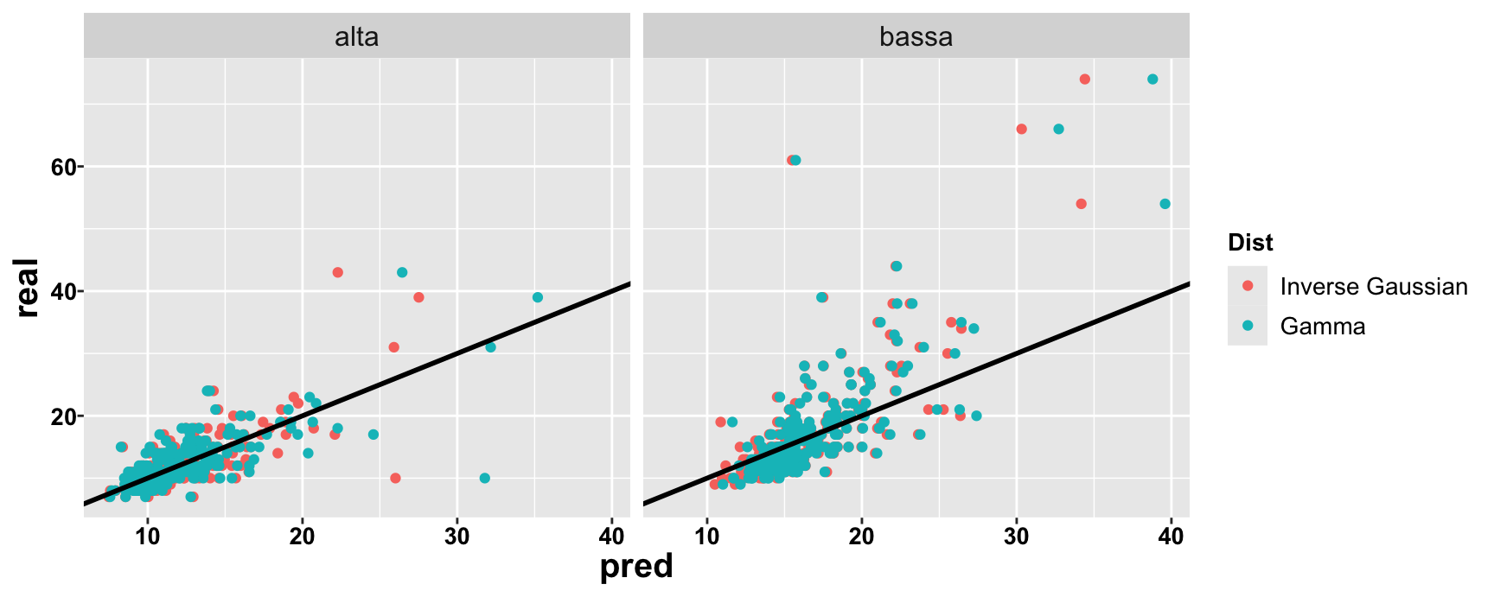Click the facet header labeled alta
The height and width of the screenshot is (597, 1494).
(356, 37)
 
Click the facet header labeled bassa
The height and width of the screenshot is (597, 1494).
(916, 37)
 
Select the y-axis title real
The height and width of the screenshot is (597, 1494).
(27, 288)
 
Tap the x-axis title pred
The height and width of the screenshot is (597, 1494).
(636, 567)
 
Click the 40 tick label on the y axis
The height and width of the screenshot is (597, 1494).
(63, 291)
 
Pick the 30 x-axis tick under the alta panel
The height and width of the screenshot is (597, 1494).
(456, 536)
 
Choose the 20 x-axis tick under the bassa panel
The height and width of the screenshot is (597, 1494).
(861, 536)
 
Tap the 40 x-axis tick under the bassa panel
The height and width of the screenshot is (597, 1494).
(1171, 536)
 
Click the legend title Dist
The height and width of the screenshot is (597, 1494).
(1250, 243)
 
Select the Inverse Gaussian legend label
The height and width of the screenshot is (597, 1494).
(1374, 287)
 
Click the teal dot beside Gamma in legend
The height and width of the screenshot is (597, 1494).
(1248, 326)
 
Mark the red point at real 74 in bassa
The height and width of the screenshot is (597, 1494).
(1084, 79)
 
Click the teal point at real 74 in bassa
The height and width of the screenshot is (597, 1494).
(1152, 79)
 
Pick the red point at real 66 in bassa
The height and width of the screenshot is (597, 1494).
(1021, 129)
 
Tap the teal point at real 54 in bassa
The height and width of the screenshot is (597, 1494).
(1165, 204)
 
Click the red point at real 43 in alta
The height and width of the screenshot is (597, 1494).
(337, 272)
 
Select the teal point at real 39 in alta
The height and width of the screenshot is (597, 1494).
(538, 297)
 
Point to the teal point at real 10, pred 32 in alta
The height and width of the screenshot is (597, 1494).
(484, 478)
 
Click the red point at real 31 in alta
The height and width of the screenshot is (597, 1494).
(394, 347)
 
